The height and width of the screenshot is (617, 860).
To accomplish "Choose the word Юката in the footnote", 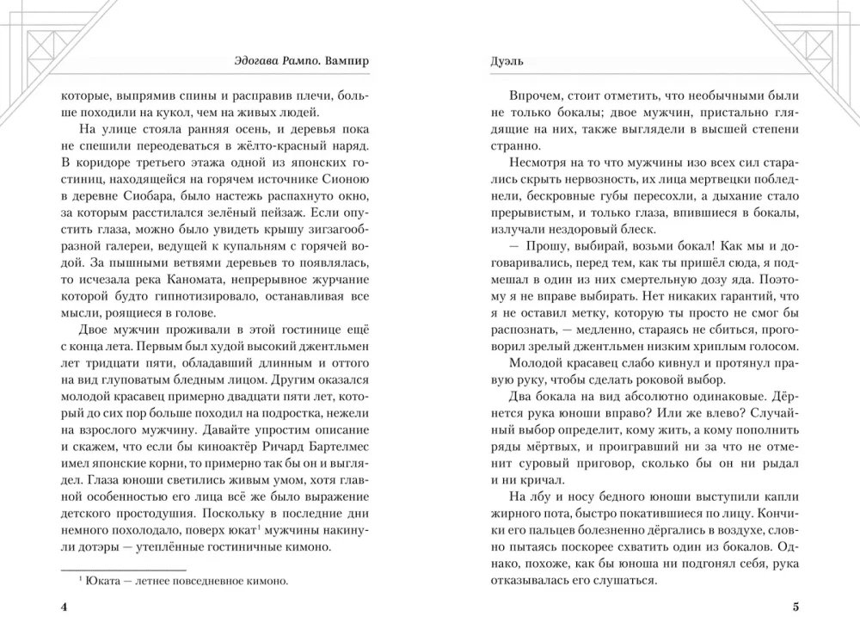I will [102, 581].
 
